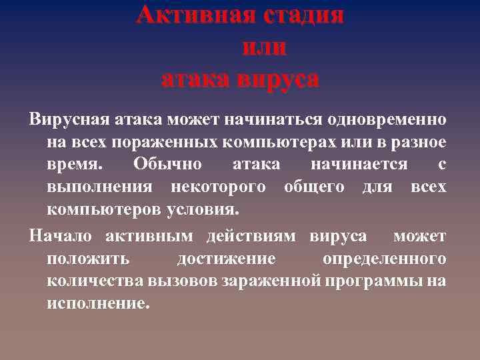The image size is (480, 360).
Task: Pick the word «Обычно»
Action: pos(164,165)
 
